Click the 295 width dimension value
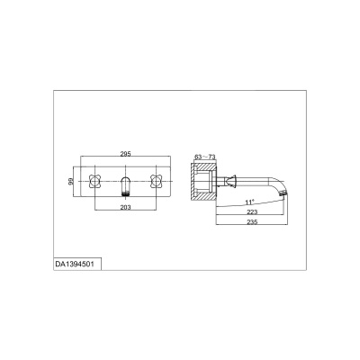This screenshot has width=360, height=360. tap(125, 154)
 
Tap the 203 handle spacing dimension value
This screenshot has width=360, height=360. tap(125, 207)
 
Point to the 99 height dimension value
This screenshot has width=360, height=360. tap(71, 181)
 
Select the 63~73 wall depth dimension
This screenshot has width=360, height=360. tap(205, 157)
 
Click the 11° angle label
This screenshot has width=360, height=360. tap(249, 202)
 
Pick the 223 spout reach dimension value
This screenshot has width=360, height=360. tap(252, 211)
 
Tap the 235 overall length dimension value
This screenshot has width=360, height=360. tap(252, 222)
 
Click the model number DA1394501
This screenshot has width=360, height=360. tap(75, 265)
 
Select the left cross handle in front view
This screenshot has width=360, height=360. tap(94, 181)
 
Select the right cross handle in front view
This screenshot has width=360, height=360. tap(156, 181)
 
